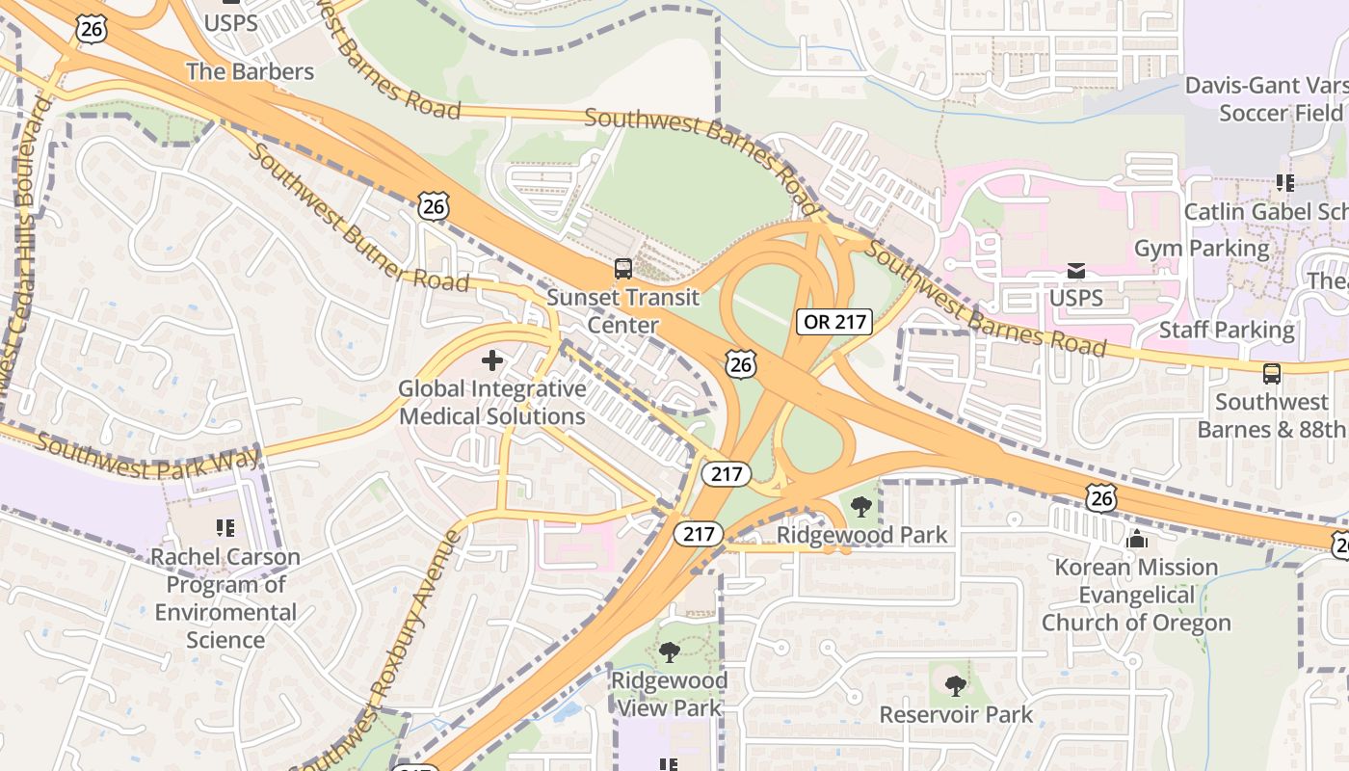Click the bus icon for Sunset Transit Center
tap(623, 269)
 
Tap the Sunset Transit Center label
tap(622, 311)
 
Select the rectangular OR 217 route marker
tap(834, 321)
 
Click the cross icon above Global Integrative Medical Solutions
tap(492, 361)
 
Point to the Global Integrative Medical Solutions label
tap(492, 403)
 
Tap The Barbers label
tap(250, 71)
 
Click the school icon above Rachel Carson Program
tap(225, 528)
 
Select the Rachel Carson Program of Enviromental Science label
tap(225, 598)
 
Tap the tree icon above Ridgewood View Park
tap(669, 652)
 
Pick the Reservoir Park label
tap(956, 714)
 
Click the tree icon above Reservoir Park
tap(955, 686)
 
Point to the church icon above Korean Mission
tap(1137, 539)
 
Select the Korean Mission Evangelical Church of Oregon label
tap(1136, 595)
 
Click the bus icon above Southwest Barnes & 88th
tap(1272, 374)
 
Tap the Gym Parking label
tap(1202, 249)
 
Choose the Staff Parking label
tap(1227, 330)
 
